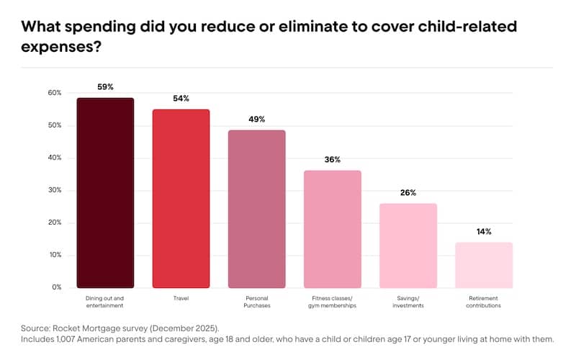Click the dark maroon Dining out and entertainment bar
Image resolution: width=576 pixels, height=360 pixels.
(x=105, y=193)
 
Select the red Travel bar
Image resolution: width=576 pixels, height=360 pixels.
(x=181, y=199)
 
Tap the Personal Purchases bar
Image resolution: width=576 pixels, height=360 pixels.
(x=257, y=209)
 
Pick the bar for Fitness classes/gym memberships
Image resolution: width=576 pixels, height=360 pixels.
(x=332, y=229)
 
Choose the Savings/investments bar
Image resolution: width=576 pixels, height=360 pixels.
(x=408, y=246)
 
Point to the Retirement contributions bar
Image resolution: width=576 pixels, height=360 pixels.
(x=484, y=265)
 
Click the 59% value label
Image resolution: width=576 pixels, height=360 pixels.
(x=105, y=87)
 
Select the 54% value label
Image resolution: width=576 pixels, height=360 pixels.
(x=181, y=99)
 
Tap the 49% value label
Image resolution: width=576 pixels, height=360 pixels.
(x=257, y=120)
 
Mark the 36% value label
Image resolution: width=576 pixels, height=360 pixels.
(x=332, y=160)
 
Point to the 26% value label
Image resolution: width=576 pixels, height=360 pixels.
(x=408, y=193)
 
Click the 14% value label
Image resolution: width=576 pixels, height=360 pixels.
(x=484, y=232)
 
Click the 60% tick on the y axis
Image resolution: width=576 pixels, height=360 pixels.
(x=55, y=93)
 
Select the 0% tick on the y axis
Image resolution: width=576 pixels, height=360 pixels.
(x=57, y=287)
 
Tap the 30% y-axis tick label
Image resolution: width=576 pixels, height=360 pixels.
(x=55, y=190)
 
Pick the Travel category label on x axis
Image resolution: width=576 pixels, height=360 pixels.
(x=181, y=298)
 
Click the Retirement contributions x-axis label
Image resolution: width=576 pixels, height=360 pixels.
(x=484, y=302)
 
